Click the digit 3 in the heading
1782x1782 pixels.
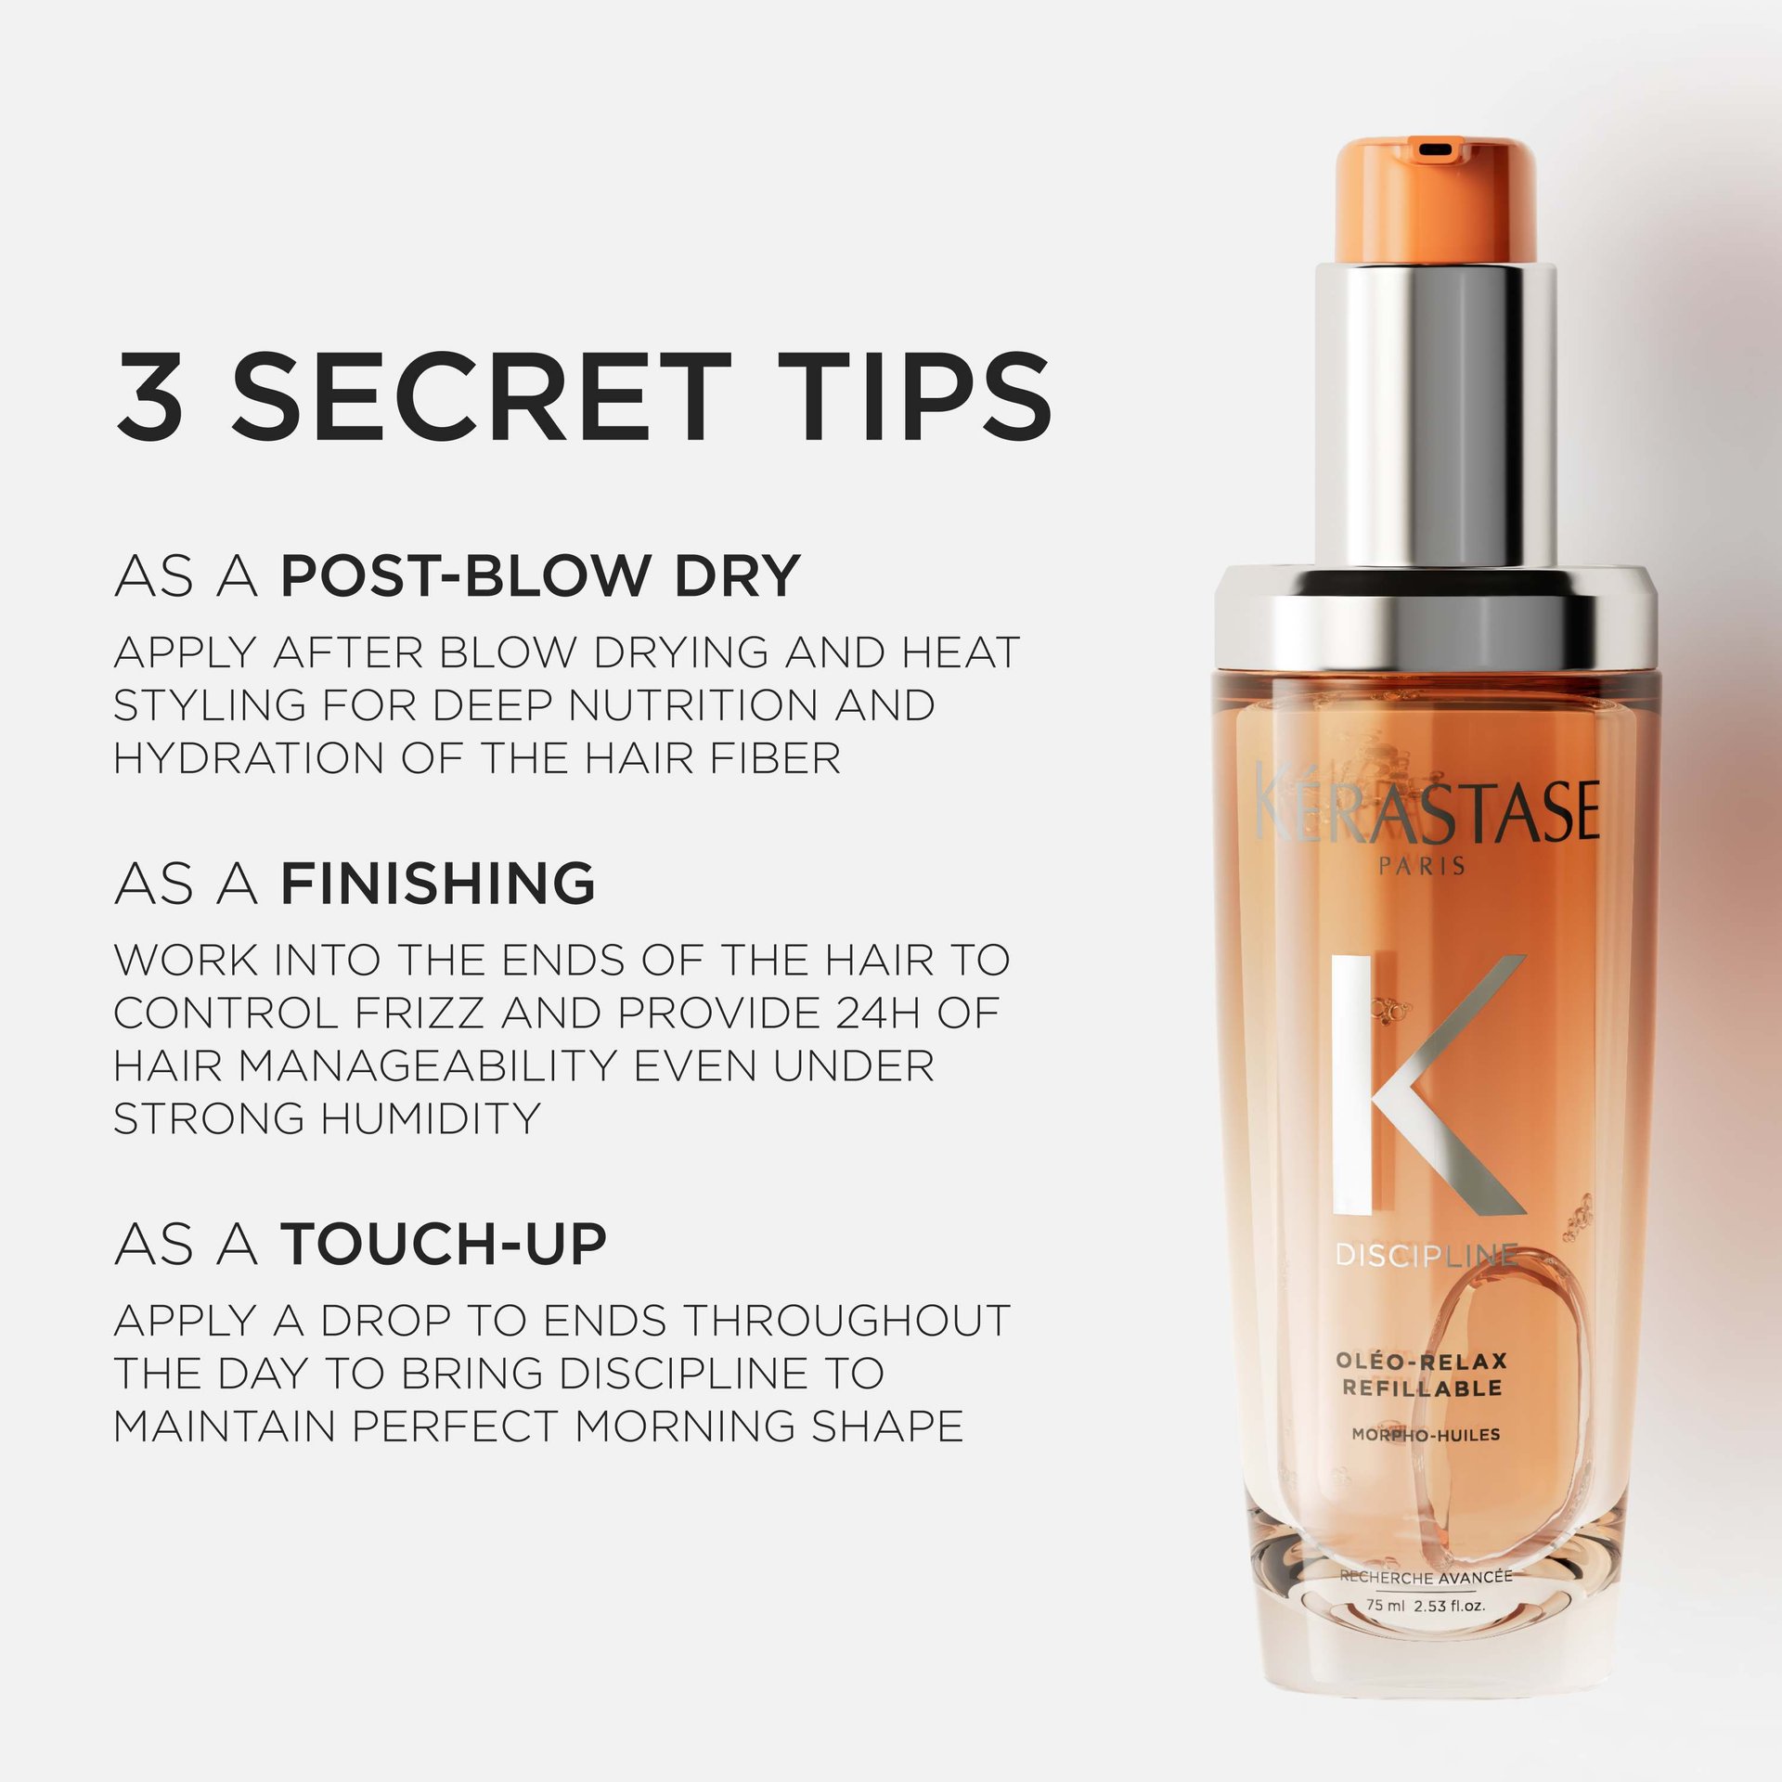(149, 396)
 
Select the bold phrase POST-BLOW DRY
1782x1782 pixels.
(540, 575)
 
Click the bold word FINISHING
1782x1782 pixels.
(438, 883)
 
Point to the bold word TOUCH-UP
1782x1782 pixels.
(444, 1245)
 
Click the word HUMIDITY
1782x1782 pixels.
(431, 1118)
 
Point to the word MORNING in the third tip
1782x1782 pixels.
(684, 1426)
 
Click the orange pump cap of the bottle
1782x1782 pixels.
(1435, 200)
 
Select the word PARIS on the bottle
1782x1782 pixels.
(1422, 866)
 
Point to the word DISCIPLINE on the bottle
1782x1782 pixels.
(1427, 1256)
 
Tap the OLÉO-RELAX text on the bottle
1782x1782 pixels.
(1422, 1362)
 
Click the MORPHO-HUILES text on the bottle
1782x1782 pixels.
(1426, 1435)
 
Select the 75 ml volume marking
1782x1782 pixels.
(1385, 1605)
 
